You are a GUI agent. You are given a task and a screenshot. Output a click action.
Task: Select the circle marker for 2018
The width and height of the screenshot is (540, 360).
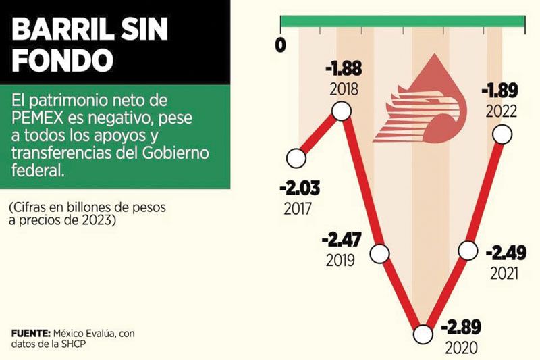[x=341, y=111]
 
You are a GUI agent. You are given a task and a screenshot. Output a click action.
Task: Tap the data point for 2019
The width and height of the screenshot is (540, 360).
[x=380, y=254]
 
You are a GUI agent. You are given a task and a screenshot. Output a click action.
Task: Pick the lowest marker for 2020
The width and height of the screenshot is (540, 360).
[x=423, y=334]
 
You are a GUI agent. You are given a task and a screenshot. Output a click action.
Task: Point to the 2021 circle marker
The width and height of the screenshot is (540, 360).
[x=467, y=251]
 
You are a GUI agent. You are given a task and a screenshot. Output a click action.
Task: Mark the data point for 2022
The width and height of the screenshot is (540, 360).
[x=503, y=134]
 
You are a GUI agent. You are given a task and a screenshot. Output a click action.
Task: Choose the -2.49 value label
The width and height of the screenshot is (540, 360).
[x=504, y=253]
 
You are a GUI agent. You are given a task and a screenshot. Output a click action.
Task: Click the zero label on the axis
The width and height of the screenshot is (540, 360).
[x=281, y=45]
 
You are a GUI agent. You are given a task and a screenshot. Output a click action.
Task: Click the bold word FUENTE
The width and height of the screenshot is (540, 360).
[x=30, y=335]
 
